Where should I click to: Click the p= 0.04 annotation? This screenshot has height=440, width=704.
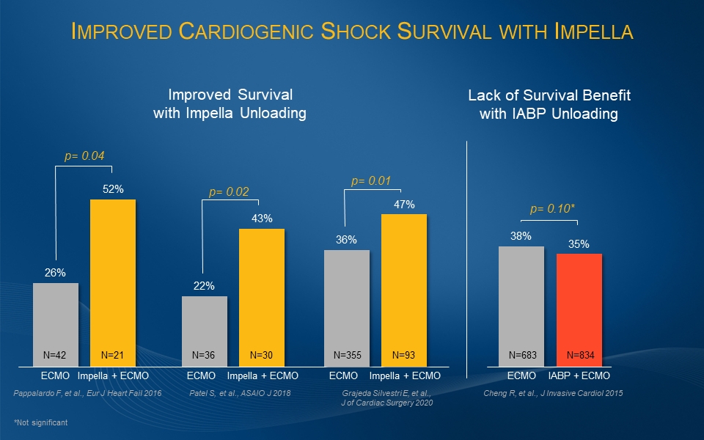pos(84,155)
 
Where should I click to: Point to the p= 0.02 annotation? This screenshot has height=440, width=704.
pos(229,192)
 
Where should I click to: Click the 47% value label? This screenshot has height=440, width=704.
pos(404,205)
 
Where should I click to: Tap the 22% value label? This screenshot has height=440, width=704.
pos(204,286)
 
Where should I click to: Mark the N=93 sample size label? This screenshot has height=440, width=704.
pos(404,356)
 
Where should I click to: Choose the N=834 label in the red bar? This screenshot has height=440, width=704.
pos(580,356)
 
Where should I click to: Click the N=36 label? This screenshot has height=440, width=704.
pos(204,356)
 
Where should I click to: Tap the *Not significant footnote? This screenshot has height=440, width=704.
pos(40,423)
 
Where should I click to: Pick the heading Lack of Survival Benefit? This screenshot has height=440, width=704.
pos(549,95)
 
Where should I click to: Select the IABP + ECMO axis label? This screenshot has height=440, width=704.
pos(580,375)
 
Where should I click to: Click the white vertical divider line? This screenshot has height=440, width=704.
pos(467,257)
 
